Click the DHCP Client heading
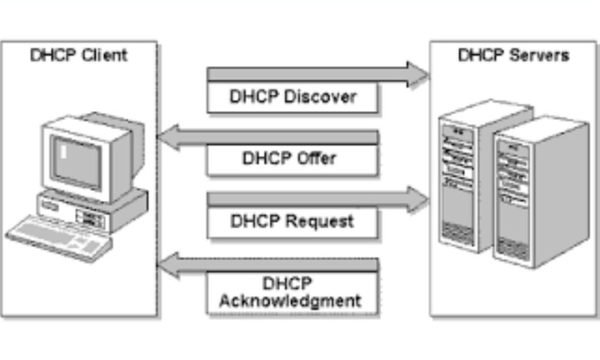point(79,55)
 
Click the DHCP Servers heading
point(514,55)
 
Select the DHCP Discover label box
point(293,97)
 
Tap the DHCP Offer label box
point(293,159)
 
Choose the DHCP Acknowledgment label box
point(293,292)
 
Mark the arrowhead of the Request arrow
point(418,199)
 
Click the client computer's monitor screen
point(76,161)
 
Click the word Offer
point(317,159)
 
